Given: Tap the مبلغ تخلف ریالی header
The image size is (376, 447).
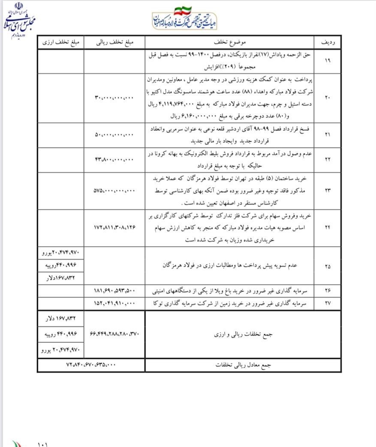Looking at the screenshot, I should tap(114, 42).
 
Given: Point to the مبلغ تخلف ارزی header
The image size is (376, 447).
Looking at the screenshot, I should tap(60, 42).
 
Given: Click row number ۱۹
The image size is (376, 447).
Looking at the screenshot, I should tap(328, 61).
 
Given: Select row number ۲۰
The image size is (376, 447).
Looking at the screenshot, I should tap(328, 98).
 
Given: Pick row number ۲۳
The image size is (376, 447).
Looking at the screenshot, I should tap(328, 190).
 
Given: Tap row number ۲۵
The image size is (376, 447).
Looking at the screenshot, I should tap(328, 266).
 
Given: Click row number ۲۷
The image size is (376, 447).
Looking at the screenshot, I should tap(328, 303).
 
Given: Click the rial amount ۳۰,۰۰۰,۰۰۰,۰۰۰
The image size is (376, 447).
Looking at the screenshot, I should tap(114, 98).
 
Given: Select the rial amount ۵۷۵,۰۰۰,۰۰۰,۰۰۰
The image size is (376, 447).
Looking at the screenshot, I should tap(114, 190).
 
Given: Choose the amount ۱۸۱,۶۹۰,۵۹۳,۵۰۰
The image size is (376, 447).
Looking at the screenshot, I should tap(114, 291).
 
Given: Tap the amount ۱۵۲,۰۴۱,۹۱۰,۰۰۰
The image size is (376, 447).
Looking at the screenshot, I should tap(114, 303).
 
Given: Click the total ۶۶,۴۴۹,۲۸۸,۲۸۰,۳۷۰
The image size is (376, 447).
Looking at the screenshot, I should tap(114, 334).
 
